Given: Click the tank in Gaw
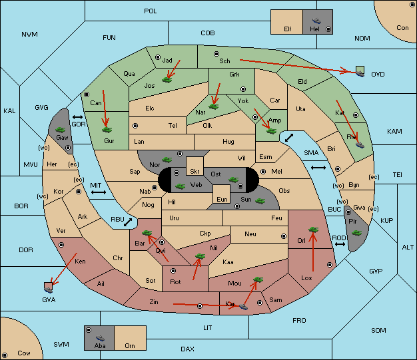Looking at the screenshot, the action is (x=61, y=130).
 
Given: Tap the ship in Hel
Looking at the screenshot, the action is (x=316, y=21).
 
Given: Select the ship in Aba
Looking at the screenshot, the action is (x=100, y=338).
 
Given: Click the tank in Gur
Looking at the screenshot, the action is (x=107, y=130).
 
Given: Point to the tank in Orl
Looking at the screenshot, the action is (x=313, y=230).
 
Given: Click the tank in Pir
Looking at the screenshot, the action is (x=356, y=233).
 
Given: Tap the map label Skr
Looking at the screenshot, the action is (x=195, y=172).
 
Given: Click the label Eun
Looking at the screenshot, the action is (x=222, y=199).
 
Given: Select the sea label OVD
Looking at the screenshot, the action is (x=378, y=75).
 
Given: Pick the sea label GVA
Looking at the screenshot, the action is (x=49, y=299).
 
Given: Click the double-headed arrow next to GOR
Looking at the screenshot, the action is (x=78, y=117).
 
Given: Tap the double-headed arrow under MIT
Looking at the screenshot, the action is (x=99, y=192).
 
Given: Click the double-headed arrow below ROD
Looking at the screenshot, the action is (x=340, y=244).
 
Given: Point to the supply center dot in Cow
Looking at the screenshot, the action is (x=5, y=355).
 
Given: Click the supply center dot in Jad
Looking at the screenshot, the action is (x=158, y=57).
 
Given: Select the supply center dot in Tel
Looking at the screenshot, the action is (x=135, y=125).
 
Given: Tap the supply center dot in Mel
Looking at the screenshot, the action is (x=263, y=172).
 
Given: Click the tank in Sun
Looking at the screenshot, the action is (x=260, y=201).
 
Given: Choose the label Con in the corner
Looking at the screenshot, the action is (x=402, y=28).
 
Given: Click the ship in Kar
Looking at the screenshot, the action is (x=243, y=307).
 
